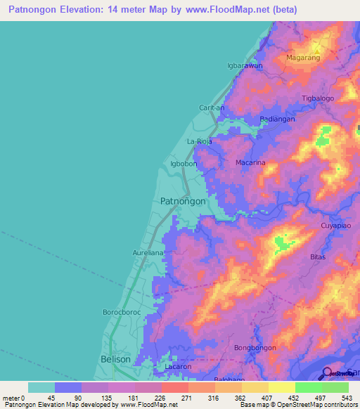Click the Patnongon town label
pos(183,201)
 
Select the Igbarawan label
pos(244,65)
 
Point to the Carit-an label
pos(212,108)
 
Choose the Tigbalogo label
pos(318,98)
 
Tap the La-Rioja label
pos(198,142)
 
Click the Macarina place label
pos(250,162)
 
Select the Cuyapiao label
pos(335,225)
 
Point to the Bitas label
pos(318,257)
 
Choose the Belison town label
pos(116,359)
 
